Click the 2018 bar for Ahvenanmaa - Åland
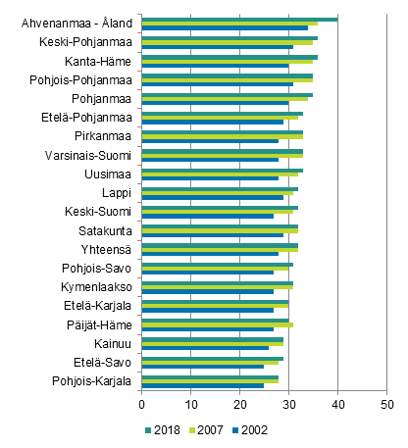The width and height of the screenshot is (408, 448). (239, 19)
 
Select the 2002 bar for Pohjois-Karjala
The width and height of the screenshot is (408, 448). (203, 385)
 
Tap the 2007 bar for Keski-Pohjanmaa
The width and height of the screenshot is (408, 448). (228, 42)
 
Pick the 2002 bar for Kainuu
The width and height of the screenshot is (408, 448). (205, 347)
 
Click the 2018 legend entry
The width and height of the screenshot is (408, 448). (160, 429)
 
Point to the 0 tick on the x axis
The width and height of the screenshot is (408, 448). (142, 403)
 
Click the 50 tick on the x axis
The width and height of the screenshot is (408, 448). (386, 403)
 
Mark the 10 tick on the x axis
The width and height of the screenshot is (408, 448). (191, 403)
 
